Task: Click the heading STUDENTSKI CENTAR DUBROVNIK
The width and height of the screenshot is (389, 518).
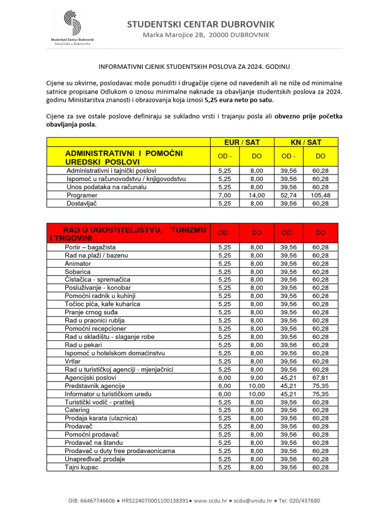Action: [x=201, y=24]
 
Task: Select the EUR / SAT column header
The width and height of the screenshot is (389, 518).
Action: [x=242, y=142]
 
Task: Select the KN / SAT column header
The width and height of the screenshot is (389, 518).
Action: [x=305, y=142]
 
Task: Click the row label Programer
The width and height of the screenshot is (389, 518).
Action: [x=82, y=195]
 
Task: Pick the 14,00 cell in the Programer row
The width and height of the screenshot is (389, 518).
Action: [x=257, y=195]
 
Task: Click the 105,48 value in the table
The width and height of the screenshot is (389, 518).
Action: [x=320, y=195]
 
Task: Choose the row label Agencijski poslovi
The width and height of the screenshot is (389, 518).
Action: [x=91, y=377]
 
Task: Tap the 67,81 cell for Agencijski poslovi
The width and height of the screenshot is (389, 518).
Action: [x=320, y=377]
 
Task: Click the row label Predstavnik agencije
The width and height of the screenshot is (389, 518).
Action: [x=95, y=385]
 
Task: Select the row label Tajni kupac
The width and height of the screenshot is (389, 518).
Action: [x=82, y=467]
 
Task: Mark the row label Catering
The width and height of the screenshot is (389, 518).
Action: [x=77, y=410]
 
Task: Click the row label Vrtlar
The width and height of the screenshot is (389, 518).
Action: [x=73, y=361]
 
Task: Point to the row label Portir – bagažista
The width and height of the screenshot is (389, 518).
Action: [x=90, y=247]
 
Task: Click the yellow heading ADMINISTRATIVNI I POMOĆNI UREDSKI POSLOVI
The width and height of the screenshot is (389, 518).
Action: [x=124, y=157]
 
